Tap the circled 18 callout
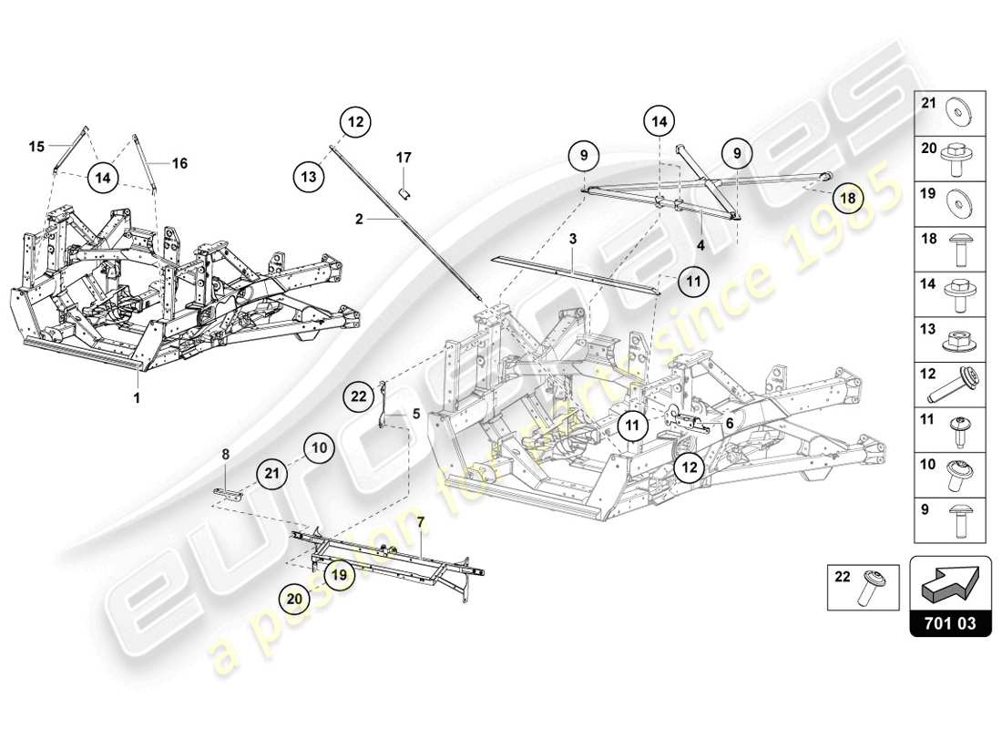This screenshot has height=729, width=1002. [x=848, y=198]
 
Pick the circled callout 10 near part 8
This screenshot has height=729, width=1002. [x=319, y=447]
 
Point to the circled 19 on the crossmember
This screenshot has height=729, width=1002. [x=338, y=575]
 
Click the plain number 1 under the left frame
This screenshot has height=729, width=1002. [x=138, y=398]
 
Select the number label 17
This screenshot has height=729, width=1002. [x=404, y=158]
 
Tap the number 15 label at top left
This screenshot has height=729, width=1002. [x=36, y=146]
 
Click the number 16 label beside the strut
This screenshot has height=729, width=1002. [x=179, y=163]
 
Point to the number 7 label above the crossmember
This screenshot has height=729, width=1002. [x=420, y=522]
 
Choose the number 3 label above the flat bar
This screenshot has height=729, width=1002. [x=573, y=238]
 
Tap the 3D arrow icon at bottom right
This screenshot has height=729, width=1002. [x=950, y=580]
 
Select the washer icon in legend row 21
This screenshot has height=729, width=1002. [x=962, y=104]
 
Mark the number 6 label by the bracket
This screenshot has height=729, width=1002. [x=730, y=424]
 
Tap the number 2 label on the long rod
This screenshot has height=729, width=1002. [x=359, y=220]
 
